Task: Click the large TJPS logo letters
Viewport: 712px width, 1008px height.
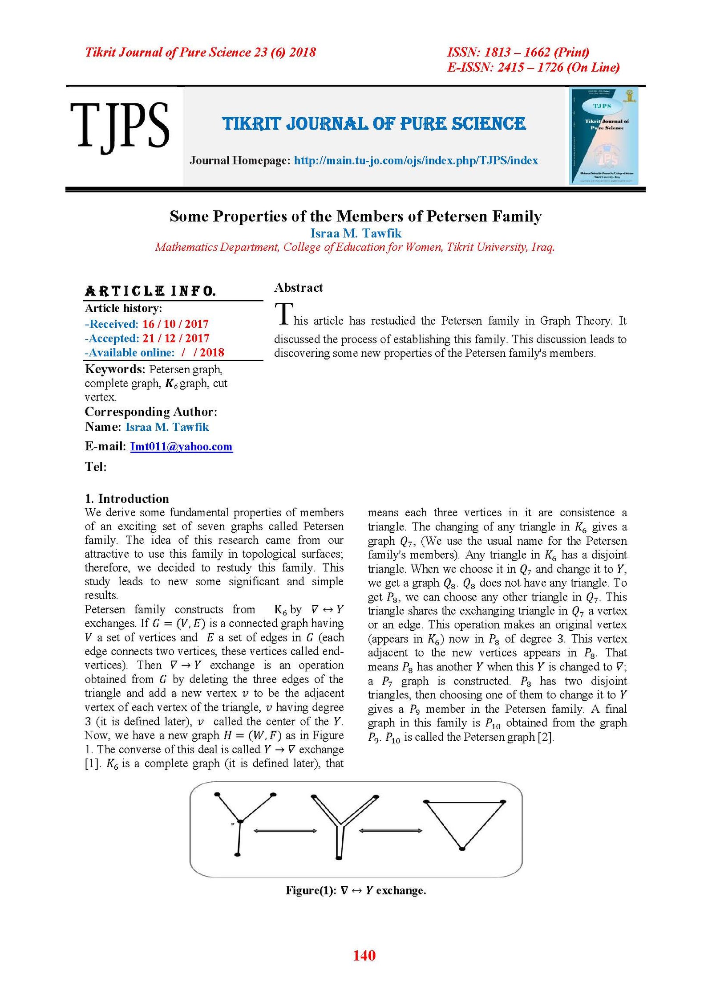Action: (119, 126)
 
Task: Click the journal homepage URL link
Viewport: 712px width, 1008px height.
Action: (416, 160)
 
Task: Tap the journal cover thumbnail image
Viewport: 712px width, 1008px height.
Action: (604, 136)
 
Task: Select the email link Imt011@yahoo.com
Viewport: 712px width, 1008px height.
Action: (181, 446)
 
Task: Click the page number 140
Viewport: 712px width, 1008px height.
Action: (364, 955)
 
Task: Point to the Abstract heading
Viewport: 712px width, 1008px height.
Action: (298, 288)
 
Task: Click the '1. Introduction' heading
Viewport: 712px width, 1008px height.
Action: (127, 498)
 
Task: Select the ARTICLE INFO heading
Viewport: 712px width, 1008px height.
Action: (150, 291)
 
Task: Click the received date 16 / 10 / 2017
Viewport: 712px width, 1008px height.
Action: (175, 324)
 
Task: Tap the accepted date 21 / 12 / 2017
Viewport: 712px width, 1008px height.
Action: (176, 338)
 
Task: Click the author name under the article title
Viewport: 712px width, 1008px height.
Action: (356, 233)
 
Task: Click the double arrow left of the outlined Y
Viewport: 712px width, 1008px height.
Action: (285, 831)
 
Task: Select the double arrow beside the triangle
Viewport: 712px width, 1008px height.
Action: (390, 831)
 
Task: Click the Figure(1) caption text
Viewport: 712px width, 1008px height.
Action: (356, 890)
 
